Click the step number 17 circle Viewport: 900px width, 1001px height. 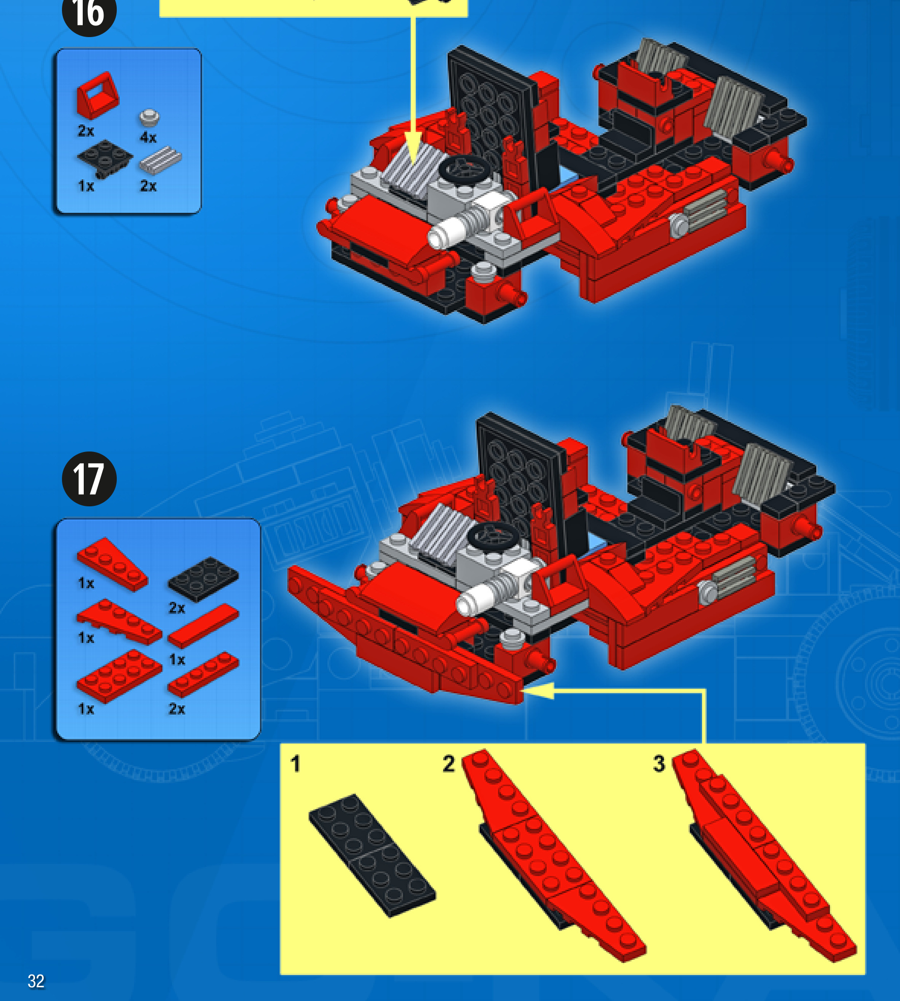click(x=89, y=479)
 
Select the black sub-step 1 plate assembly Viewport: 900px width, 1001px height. click(x=372, y=855)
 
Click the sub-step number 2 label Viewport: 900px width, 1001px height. click(x=448, y=764)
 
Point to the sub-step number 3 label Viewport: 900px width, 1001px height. click(x=659, y=764)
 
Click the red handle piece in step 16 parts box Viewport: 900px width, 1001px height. click(x=97, y=95)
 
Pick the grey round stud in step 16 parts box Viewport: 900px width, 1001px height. click(x=149, y=118)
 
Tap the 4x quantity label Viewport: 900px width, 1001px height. click(x=148, y=137)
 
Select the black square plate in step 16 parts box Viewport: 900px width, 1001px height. click(x=105, y=158)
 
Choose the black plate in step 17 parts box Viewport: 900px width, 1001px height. click(x=203, y=578)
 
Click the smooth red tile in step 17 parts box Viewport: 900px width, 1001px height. click(x=203, y=626)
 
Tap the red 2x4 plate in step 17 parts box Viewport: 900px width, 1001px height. click(x=119, y=676)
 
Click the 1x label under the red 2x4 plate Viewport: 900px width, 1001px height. click(x=86, y=708)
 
